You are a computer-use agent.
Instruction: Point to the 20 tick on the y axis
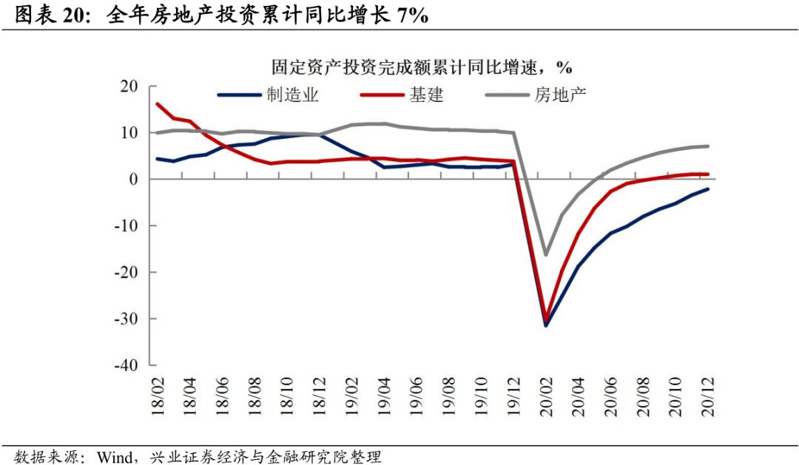(x=129, y=86)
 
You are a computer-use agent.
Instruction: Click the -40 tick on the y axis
(x=126, y=365)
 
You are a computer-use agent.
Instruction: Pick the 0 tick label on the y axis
(x=134, y=180)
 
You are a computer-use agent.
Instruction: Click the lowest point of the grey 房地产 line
(x=546, y=255)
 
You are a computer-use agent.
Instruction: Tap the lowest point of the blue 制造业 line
(x=546, y=325)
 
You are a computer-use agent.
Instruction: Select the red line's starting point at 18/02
(x=158, y=104)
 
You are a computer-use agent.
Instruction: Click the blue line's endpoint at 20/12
(x=708, y=189)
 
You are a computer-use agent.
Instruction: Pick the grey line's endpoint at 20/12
(x=708, y=146)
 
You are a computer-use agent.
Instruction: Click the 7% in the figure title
(x=412, y=16)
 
